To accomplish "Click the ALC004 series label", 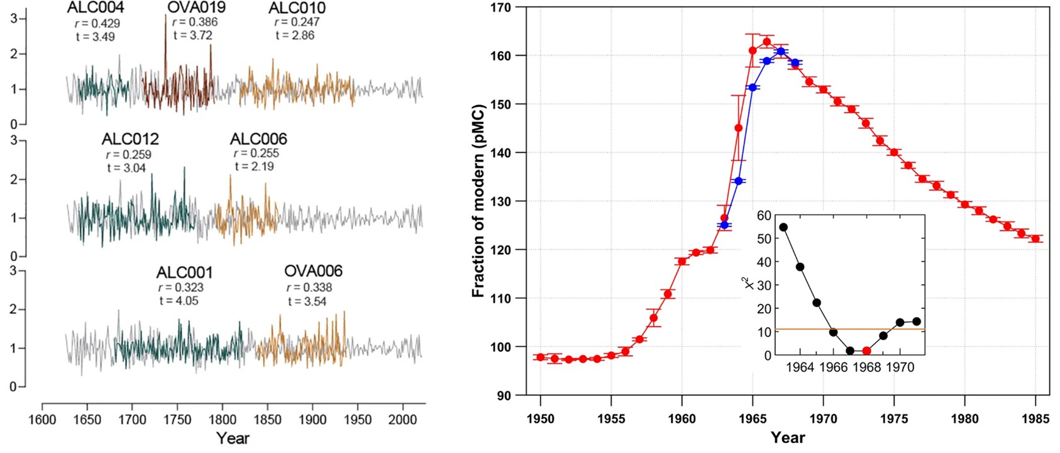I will [x=96, y=8].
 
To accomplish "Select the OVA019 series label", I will [x=196, y=8].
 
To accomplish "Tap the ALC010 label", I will [x=297, y=8].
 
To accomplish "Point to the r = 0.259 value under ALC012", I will [x=128, y=154].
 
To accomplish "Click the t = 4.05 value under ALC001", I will [x=179, y=301].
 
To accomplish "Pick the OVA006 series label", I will [x=313, y=271].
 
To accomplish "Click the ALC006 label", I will [x=258, y=139].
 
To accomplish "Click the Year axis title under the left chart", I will [x=233, y=438].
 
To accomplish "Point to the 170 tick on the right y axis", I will [x=504, y=8].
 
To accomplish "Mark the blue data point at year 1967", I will [x=781, y=52].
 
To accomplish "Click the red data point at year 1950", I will [x=540, y=357].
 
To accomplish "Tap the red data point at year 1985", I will [x=1035, y=239].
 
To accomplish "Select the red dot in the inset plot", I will [x=866, y=351].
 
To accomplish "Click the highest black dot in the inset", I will [x=783, y=227].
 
